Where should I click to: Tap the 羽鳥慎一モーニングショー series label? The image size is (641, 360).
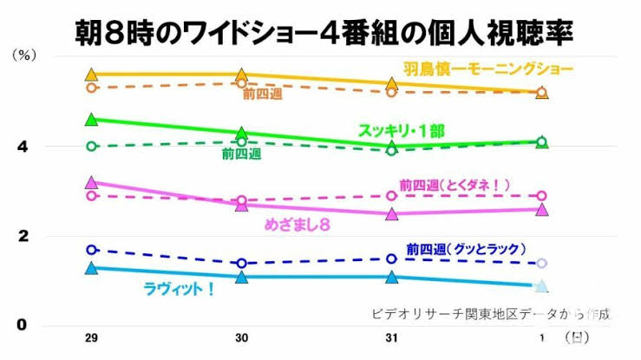(487, 68)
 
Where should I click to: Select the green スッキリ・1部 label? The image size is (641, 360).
(402, 131)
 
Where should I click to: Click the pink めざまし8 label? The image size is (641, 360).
(299, 225)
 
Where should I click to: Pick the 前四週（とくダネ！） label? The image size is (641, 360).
(455, 185)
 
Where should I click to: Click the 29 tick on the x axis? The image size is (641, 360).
(92, 337)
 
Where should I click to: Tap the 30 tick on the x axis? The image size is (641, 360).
(242, 337)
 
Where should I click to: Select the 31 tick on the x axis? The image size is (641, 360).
(392, 337)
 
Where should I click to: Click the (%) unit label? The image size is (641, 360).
(23, 55)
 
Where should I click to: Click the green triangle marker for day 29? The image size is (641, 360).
(92, 119)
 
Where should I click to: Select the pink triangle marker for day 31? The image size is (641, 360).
(392, 213)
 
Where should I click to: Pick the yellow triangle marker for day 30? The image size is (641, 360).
(242, 75)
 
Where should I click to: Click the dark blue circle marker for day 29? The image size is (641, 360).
(92, 250)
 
